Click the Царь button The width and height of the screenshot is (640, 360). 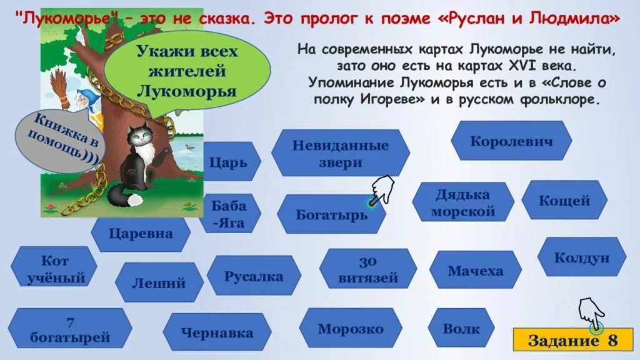tap(229, 162)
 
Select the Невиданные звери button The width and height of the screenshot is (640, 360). tap(341, 154)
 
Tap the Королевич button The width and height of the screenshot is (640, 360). tap(511, 141)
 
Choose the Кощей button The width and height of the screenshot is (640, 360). tap(564, 200)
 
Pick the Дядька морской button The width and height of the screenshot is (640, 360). tap(463, 202)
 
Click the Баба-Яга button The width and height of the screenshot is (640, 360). tap(229, 214)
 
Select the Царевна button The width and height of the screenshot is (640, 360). tap(141, 234)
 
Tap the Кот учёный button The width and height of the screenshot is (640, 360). tap(54, 269)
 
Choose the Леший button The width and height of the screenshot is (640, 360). tap(159, 282)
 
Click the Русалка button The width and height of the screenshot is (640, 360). tap(254, 276)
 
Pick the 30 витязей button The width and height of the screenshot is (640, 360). tap(368, 269)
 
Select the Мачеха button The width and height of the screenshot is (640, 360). tap(475, 271)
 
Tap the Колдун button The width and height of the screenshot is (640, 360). tap(581, 257)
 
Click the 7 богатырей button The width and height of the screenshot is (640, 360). tap(70, 329)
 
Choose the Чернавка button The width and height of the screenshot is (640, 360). tap(217, 332)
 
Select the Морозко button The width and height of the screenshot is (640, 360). tap(350, 328)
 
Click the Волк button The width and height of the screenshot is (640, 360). tap(461, 328)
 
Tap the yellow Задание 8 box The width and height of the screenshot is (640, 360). tap(572, 341)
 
